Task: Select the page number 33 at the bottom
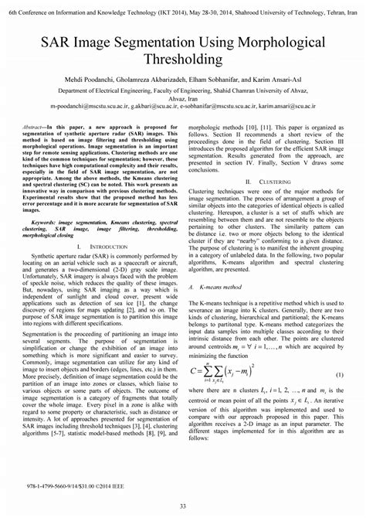click(x=183, y=506)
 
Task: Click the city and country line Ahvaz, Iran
click(x=183, y=98)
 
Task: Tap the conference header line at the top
click(x=183, y=5)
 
